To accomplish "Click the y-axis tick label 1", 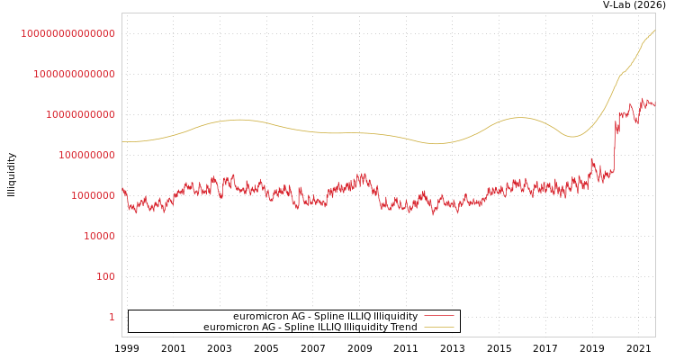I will pyautogui.click(x=112, y=317).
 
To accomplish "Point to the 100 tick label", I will pyautogui.click(x=105, y=276).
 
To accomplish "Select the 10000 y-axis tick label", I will pyautogui.click(x=99, y=236).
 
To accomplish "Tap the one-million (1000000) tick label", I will pyautogui.click(x=93, y=195).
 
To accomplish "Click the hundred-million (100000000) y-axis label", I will pyautogui.click(x=86, y=155).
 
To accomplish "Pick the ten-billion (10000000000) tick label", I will pyautogui.click(x=80, y=114).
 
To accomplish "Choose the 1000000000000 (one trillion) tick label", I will pyautogui.click(x=74, y=74).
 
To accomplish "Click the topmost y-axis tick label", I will pyautogui.click(x=67, y=33).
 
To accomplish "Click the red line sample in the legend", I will pyautogui.click(x=438, y=317).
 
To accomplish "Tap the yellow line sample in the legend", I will pyautogui.click(x=438, y=328).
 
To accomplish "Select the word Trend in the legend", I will pyautogui.click(x=403, y=328).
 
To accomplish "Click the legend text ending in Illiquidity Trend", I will pyautogui.click(x=310, y=328).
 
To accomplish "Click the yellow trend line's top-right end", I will pyautogui.click(x=654, y=30).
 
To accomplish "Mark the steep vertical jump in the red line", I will pyautogui.click(x=615, y=144).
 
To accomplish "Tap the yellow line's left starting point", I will pyautogui.click(x=122, y=141).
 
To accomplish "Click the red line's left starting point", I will pyautogui.click(x=122, y=189).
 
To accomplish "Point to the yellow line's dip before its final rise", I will pyautogui.click(x=572, y=137).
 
